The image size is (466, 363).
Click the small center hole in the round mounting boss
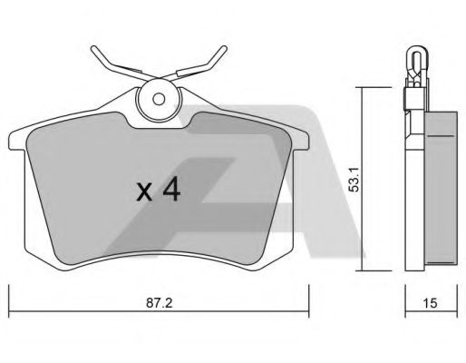click(159, 98)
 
